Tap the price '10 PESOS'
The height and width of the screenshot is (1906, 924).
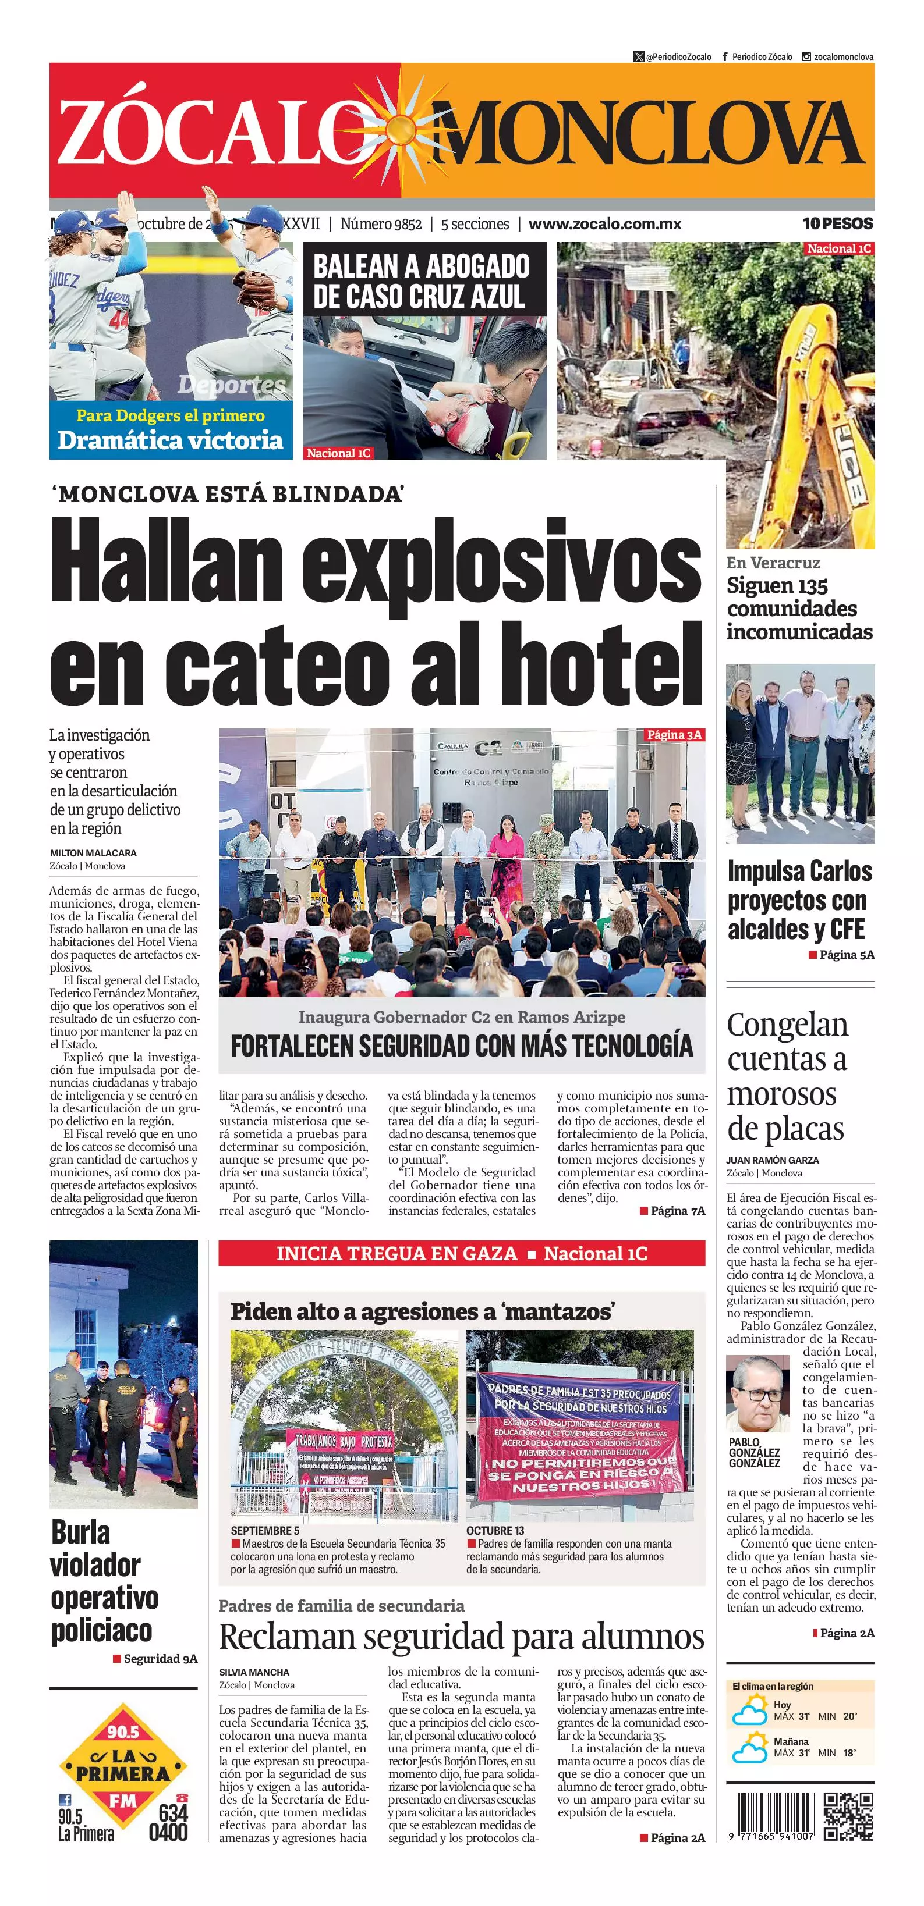837,223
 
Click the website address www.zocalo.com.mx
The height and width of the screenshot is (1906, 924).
604,224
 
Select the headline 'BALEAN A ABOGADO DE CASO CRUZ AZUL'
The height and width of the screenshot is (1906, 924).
422,280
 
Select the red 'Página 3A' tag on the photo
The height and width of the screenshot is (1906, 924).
673,735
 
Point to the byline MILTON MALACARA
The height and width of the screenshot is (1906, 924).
93,852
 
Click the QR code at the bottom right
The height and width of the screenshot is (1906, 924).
848,1816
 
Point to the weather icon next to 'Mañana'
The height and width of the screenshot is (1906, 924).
749,1749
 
